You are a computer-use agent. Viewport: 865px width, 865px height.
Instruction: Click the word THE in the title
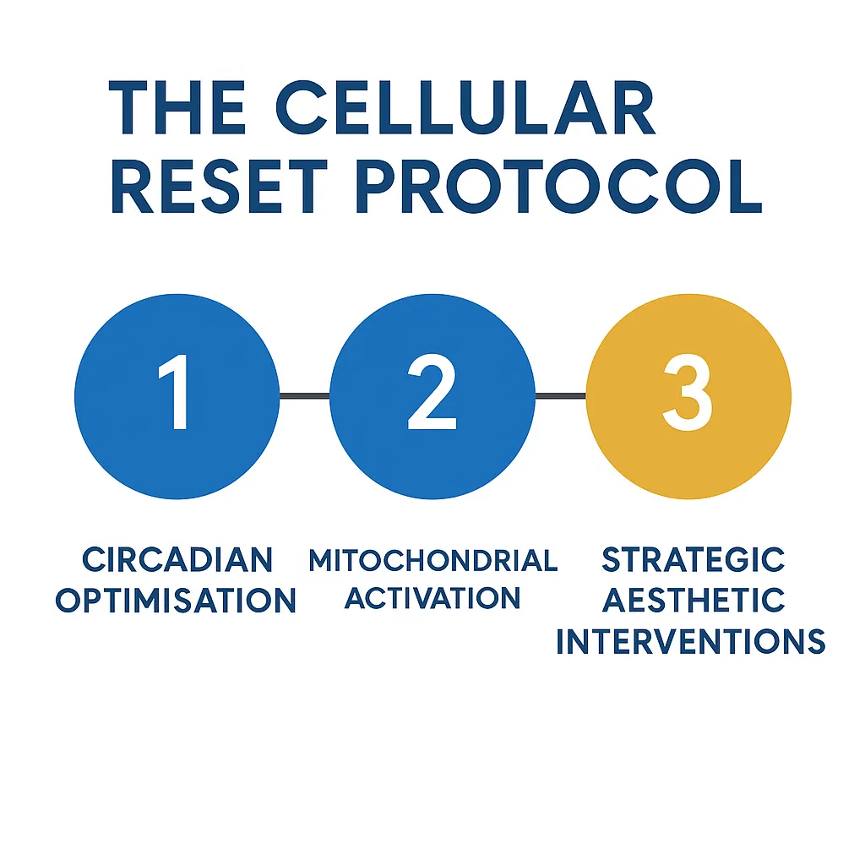177,107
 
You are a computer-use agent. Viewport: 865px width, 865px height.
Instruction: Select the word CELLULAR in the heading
465,107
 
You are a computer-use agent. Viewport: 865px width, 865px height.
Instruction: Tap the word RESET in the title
220,187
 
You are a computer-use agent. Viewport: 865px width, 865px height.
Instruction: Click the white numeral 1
174,392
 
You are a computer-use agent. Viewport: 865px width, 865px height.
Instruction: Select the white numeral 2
432,392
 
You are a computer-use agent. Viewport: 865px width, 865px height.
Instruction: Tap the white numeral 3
688,392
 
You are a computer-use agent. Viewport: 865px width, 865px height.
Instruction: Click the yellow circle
688,396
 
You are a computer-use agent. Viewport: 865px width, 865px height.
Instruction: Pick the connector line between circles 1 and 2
304,395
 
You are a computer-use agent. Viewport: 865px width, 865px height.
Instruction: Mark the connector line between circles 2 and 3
561,395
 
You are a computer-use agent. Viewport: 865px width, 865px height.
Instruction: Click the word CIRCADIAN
177,560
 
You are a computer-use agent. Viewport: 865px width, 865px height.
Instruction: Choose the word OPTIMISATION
176,600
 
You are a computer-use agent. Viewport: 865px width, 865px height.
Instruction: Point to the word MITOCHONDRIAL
433,560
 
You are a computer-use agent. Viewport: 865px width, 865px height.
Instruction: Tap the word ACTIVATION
432,597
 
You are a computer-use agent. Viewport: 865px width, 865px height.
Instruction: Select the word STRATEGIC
693,559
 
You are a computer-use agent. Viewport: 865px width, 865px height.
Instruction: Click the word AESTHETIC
693,601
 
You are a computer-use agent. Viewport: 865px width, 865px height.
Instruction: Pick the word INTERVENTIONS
691,641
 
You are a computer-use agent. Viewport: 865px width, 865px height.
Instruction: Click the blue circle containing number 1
177,396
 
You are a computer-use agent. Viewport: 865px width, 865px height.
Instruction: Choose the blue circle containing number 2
432,396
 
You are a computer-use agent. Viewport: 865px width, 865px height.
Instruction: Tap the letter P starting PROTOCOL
376,187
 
